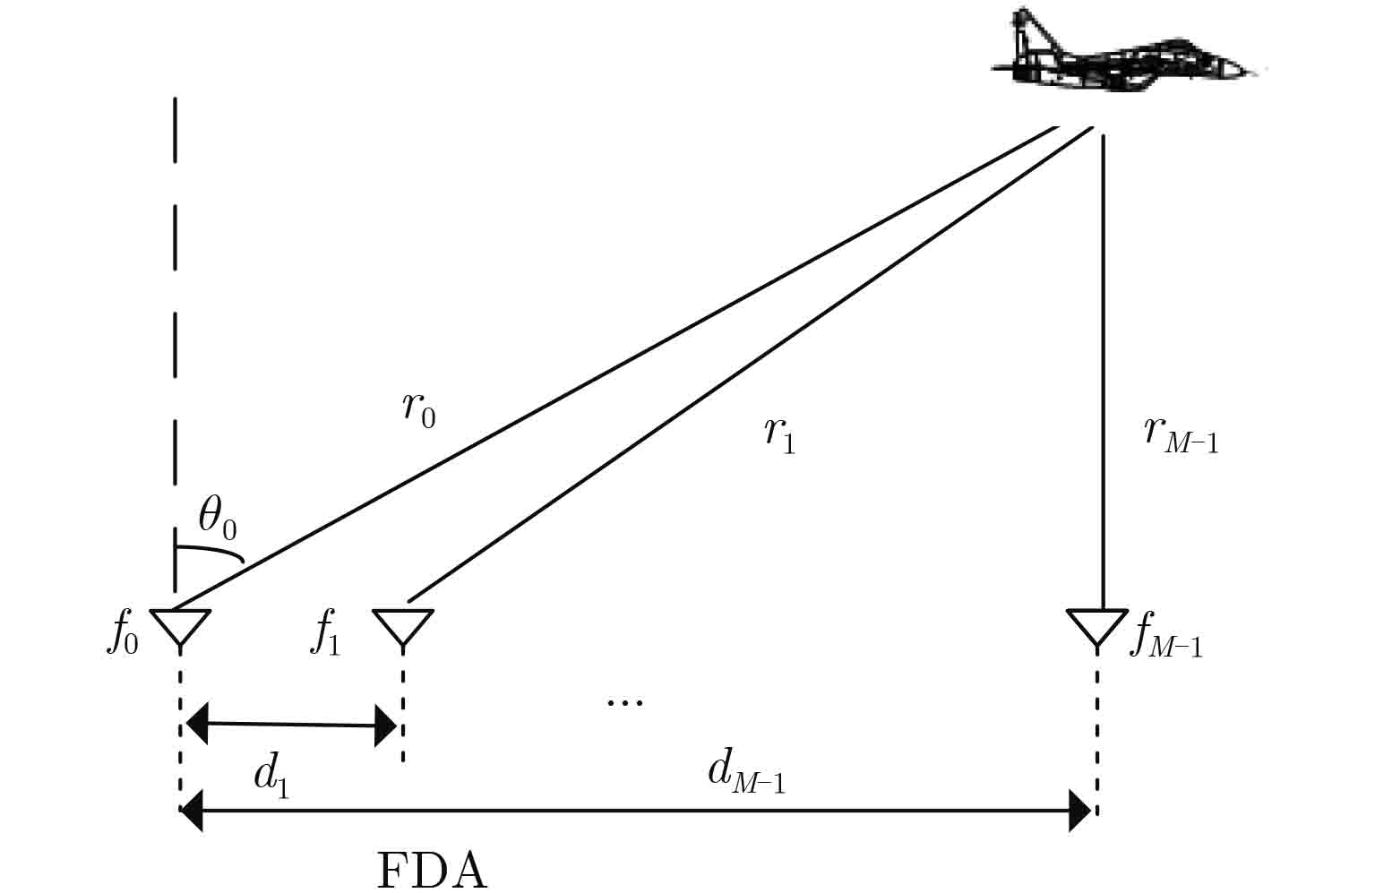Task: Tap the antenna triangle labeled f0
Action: pyautogui.click(x=180, y=624)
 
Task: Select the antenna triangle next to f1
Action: pyautogui.click(x=403, y=624)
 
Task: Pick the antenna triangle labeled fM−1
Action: pyautogui.click(x=1097, y=624)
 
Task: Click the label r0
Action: pyautogui.click(x=418, y=410)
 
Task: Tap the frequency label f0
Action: pyautogui.click(x=122, y=634)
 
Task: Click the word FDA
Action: pyautogui.click(x=432, y=870)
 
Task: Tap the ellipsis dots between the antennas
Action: pyautogui.click(x=624, y=702)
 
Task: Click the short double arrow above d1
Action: pyautogui.click(x=291, y=724)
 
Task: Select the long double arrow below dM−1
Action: pyautogui.click(x=637, y=811)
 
